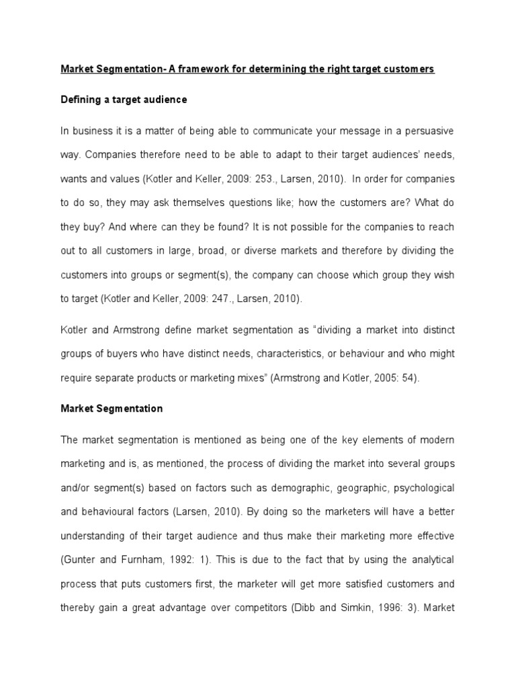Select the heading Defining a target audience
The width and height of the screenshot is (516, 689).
point(124,100)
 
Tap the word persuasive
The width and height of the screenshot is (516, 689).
point(427,130)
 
